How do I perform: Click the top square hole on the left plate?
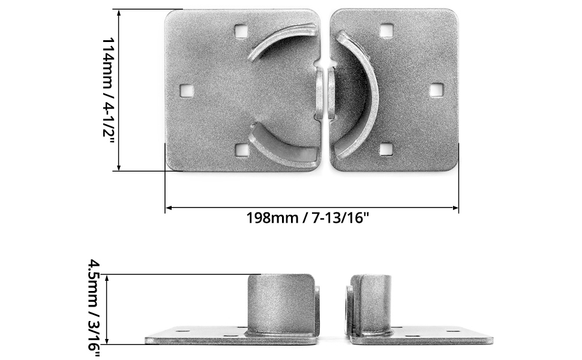point(241,30)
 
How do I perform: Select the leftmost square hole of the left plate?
point(187,90)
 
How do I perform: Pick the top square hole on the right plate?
point(387,30)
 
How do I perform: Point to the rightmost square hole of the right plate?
point(436,90)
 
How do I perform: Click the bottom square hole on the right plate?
point(387,148)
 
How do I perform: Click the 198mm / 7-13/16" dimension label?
point(307,217)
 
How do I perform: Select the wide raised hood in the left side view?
point(281,303)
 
